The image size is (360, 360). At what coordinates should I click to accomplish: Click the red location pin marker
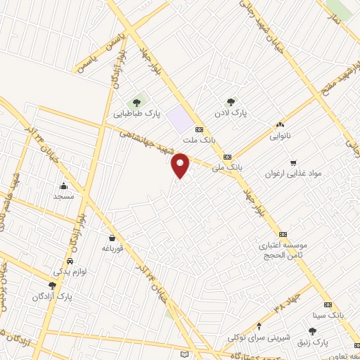click(x=181, y=165)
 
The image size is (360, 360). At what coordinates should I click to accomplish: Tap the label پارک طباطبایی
click(x=138, y=112)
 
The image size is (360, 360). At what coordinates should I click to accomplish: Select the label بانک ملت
click(x=200, y=141)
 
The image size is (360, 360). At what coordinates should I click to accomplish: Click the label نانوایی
click(x=280, y=137)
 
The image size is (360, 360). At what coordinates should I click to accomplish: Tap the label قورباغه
click(x=112, y=249)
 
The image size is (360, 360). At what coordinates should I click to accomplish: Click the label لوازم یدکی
click(x=70, y=271)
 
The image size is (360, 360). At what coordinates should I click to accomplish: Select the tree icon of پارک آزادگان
click(x=52, y=285)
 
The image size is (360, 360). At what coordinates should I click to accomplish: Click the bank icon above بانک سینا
click(x=328, y=305)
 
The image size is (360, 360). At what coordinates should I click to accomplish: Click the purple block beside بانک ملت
click(x=181, y=119)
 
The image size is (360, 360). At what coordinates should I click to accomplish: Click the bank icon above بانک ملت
click(x=199, y=129)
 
